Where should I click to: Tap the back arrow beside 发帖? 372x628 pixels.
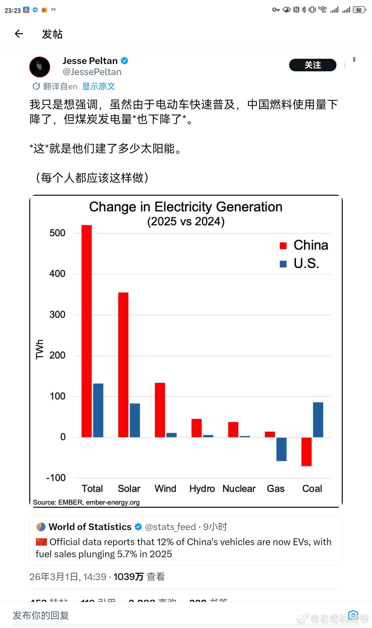(19, 34)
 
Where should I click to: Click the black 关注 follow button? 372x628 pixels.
(312, 65)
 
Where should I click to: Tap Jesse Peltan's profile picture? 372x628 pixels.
(40, 67)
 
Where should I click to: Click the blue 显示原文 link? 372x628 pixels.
(98, 86)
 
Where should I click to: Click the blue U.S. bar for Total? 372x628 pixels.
(98, 410)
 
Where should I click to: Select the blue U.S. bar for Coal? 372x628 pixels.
(318, 420)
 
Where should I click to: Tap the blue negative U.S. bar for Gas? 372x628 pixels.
(281, 449)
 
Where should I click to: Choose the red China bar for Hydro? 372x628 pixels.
(196, 428)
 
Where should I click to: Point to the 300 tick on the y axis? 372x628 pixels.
(57, 314)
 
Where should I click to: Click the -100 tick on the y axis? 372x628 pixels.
(56, 478)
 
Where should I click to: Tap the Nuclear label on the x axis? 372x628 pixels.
(239, 488)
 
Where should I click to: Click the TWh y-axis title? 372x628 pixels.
(40, 349)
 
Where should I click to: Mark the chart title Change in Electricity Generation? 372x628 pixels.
(186, 207)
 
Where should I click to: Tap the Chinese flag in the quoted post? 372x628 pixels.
(41, 542)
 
